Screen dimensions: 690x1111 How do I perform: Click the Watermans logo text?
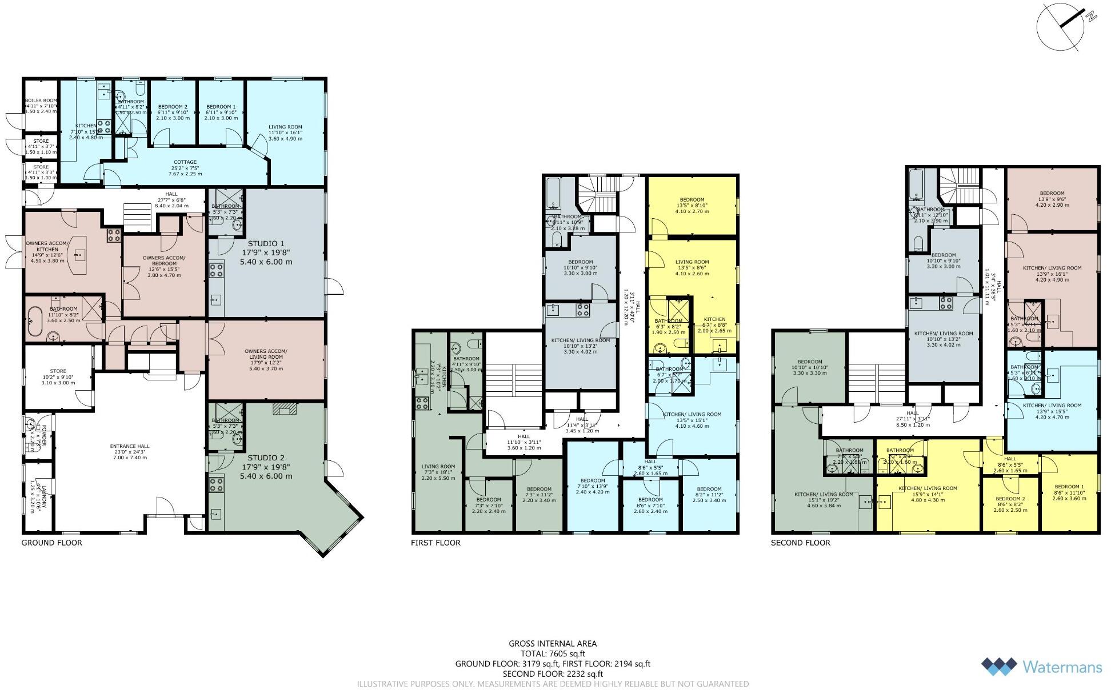[1062, 667]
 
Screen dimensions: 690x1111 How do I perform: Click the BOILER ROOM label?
[41, 101]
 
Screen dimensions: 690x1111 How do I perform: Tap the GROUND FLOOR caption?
[52, 543]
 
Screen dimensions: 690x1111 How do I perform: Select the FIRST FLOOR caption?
[435, 543]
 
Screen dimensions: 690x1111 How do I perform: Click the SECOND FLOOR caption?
[801, 543]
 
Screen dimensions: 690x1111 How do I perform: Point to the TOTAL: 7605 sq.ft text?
[553, 653]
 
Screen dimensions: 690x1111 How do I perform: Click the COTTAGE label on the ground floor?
[185, 162]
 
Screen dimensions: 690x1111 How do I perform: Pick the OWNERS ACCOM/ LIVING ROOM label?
[266, 354]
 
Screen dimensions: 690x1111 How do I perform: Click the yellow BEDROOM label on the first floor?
[692, 200]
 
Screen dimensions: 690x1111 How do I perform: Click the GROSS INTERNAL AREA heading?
[553, 643]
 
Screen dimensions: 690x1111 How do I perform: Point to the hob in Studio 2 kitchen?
[216, 485]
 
